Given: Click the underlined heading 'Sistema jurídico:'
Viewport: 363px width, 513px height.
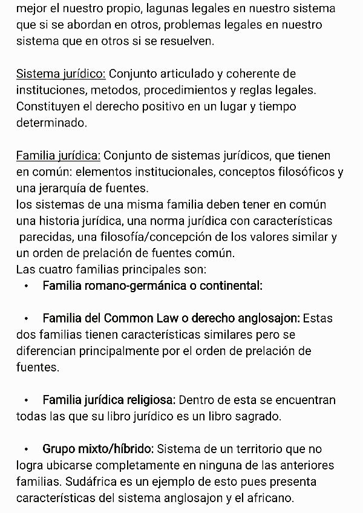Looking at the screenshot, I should point(60,74).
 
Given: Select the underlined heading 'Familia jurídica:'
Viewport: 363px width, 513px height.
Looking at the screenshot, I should point(58,156).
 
